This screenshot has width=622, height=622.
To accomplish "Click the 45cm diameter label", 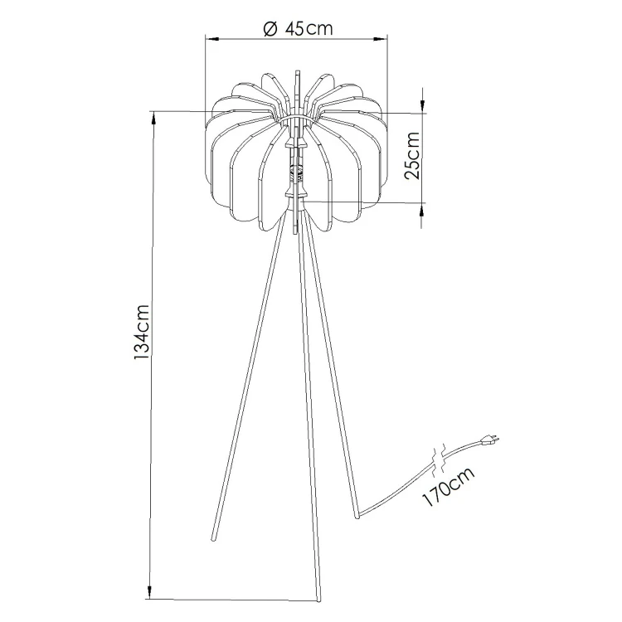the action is pyautogui.click(x=309, y=28).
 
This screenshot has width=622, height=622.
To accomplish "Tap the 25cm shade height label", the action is pyautogui.click(x=412, y=156).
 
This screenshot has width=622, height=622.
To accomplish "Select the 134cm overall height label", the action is pyautogui.click(x=141, y=333).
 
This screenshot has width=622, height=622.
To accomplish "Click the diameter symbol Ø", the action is pyautogui.click(x=270, y=29).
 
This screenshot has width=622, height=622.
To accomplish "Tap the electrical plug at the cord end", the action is pyautogui.click(x=490, y=439).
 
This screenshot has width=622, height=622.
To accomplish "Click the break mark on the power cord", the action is pyautogui.click(x=439, y=461).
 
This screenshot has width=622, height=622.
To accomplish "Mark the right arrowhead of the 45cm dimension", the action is pyautogui.click(x=380, y=38).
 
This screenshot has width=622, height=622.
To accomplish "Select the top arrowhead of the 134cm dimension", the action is pyautogui.click(x=153, y=119).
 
